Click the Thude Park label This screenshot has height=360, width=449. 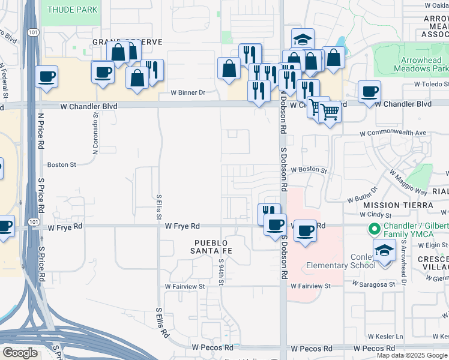pos(72,10)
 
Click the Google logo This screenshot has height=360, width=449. pos(20,353)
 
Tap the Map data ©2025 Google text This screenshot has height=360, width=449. pos(412,355)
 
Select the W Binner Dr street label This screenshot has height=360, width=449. pos(188,93)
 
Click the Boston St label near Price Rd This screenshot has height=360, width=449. pos(62,164)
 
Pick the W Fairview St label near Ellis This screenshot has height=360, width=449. pos(185,287)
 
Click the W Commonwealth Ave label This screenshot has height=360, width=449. pos(393,133)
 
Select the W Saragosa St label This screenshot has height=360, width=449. pos(374,284)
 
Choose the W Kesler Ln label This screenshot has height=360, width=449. pos(385,336)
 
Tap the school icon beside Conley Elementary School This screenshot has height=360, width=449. pos(384,250)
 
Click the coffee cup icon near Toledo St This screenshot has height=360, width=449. pos(370,92)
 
